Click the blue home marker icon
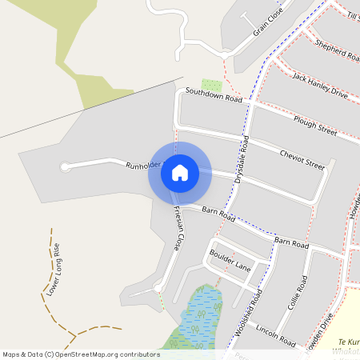coord(180,172)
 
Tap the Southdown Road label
coord(214,95)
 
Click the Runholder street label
coord(143,166)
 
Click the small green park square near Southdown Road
coord(211,85)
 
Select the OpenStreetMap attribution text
coord(81,354)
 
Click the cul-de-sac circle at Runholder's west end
coord(65,167)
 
